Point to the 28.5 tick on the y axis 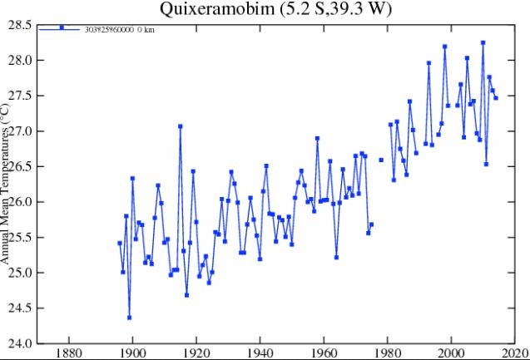coord(20,25)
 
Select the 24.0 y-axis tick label coord(20,343)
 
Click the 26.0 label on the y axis coord(20,202)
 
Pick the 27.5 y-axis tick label coord(20,96)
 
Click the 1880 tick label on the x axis coord(67,353)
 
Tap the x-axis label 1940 coord(260,353)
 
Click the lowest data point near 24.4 coord(129,318)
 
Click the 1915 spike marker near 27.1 coord(180,126)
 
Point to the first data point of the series coord(120,243)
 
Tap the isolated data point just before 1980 coord(381,160)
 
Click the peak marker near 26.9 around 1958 coord(317,138)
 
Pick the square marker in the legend coord(62,27)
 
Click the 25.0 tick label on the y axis coord(20,273)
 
